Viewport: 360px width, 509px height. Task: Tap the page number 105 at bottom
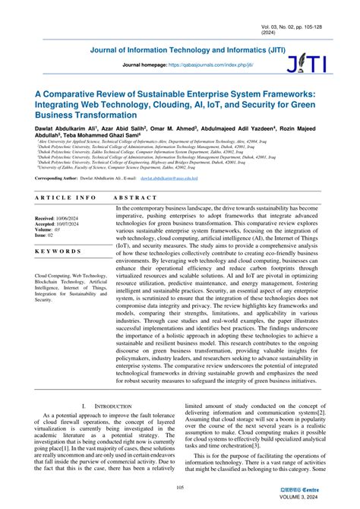tap(181, 488)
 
